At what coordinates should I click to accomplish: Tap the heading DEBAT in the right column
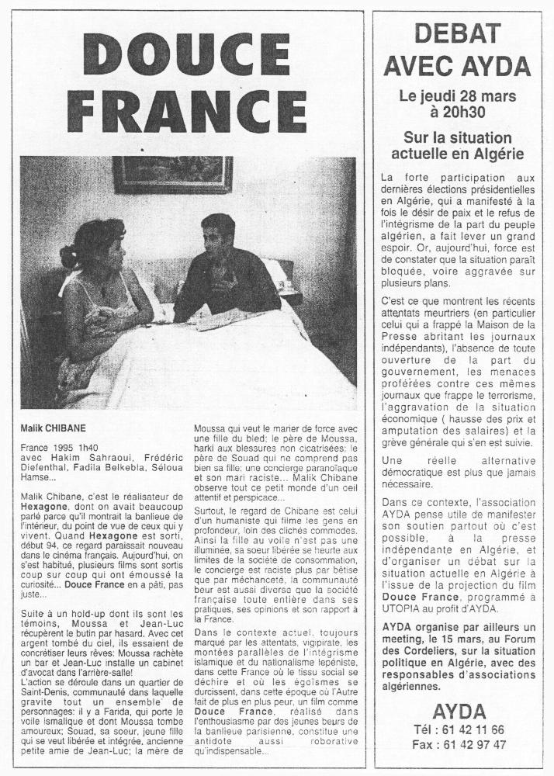462,34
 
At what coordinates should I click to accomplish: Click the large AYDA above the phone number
462,712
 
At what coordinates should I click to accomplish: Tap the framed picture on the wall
172,175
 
